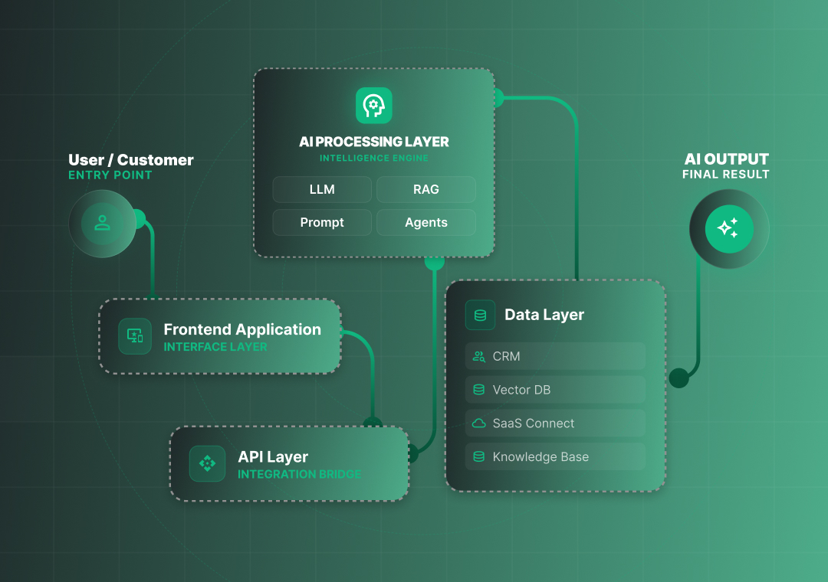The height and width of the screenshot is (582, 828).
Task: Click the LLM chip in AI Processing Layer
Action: (x=322, y=189)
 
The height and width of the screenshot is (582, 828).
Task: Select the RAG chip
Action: (x=426, y=189)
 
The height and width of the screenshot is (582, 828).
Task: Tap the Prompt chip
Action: (x=322, y=223)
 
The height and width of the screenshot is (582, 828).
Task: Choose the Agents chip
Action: (x=426, y=223)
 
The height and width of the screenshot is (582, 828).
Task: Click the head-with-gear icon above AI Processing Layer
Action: (x=374, y=106)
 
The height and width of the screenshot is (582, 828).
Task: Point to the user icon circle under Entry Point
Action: (x=102, y=223)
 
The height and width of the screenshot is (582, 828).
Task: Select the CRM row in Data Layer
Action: (x=555, y=356)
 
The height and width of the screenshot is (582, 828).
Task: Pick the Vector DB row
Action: (x=555, y=390)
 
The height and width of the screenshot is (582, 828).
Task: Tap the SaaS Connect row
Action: (x=555, y=423)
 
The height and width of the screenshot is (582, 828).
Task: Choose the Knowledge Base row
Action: (x=555, y=457)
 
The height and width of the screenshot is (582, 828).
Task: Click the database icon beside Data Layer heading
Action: (x=480, y=315)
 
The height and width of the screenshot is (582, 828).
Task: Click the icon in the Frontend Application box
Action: (x=135, y=336)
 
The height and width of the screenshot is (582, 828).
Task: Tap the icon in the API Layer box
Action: (x=207, y=463)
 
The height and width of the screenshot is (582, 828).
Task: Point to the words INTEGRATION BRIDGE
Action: (x=299, y=475)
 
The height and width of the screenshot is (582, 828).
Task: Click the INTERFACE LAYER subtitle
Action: (x=215, y=347)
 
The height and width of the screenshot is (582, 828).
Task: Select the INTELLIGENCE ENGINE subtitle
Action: (x=374, y=159)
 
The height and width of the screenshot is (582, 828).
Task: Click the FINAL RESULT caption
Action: (x=725, y=175)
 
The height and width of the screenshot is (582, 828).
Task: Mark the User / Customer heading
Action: (x=131, y=160)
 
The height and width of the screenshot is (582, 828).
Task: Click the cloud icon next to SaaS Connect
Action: (x=479, y=423)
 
